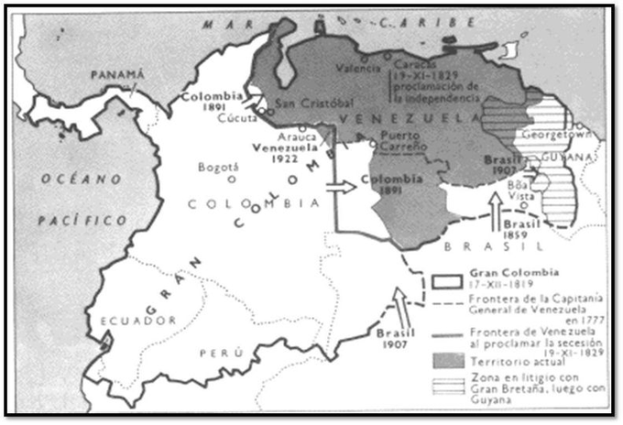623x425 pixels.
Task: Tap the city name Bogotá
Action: click(x=219, y=168)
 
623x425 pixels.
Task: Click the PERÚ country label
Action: click(x=234, y=352)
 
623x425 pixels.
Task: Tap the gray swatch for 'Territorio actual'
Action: click(x=445, y=339)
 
